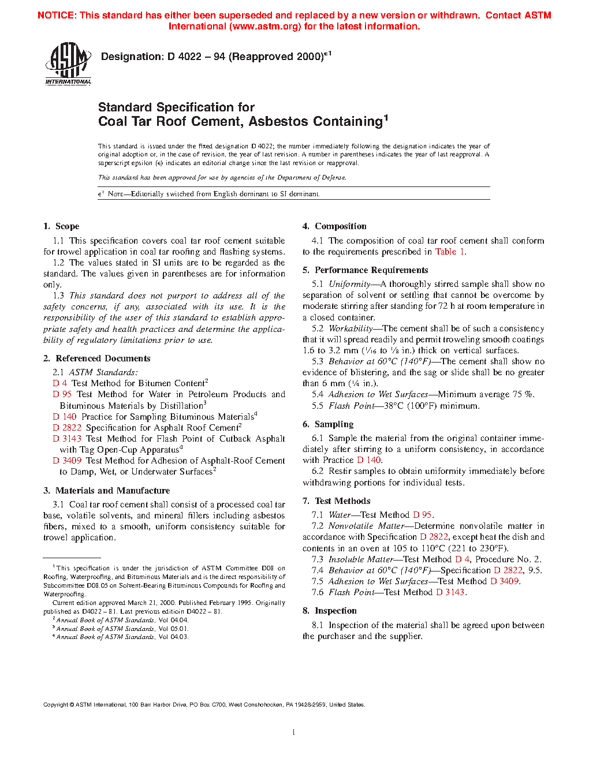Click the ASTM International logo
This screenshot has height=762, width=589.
[x=68, y=64]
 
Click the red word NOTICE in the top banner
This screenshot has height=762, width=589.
[x=56, y=16]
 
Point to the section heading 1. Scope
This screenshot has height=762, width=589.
[x=61, y=226]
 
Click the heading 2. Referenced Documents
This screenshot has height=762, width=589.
[x=96, y=358]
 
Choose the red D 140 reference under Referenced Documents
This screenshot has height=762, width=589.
[x=65, y=417]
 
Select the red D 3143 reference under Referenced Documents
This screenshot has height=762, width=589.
[x=67, y=439]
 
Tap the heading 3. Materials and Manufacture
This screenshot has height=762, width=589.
[x=106, y=491]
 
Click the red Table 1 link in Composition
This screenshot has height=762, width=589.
[x=450, y=252]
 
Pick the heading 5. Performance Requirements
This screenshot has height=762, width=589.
[x=365, y=270]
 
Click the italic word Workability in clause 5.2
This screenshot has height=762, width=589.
[x=351, y=328]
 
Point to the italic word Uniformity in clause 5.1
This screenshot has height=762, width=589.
[x=349, y=284]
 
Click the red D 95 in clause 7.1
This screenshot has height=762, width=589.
[x=422, y=515]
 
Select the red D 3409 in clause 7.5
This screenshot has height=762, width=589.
[x=505, y=581]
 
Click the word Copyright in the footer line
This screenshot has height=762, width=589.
[x=56, y=705]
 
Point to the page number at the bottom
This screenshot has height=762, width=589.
[x=294, y=733]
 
